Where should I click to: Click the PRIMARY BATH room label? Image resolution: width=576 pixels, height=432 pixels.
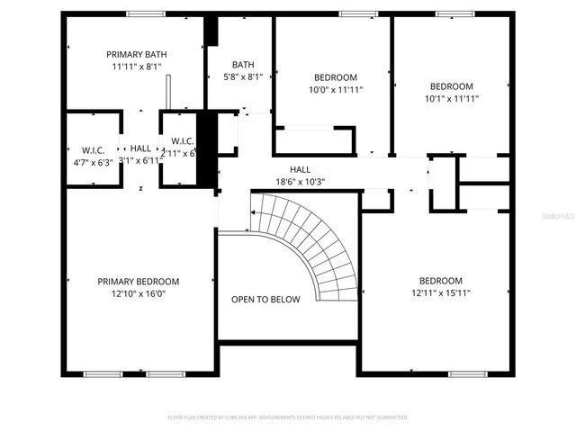137,54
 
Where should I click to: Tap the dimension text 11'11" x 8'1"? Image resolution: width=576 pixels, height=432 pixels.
137,67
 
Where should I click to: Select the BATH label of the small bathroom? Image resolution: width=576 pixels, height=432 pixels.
243,64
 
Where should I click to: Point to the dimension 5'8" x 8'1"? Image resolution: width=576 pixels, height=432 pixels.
243,76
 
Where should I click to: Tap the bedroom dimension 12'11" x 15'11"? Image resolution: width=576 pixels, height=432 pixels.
441,292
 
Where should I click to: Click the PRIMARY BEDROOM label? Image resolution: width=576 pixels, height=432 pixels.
138,281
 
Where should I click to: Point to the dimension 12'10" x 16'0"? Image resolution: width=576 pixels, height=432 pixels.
138,293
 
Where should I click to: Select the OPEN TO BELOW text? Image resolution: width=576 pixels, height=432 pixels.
265,300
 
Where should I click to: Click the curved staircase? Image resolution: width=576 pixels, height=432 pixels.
310,238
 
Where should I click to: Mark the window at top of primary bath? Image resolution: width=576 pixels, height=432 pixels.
146,13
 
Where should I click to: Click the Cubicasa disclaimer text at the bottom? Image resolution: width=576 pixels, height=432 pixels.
288,418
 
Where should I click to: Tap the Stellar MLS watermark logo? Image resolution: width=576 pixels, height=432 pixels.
560,216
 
